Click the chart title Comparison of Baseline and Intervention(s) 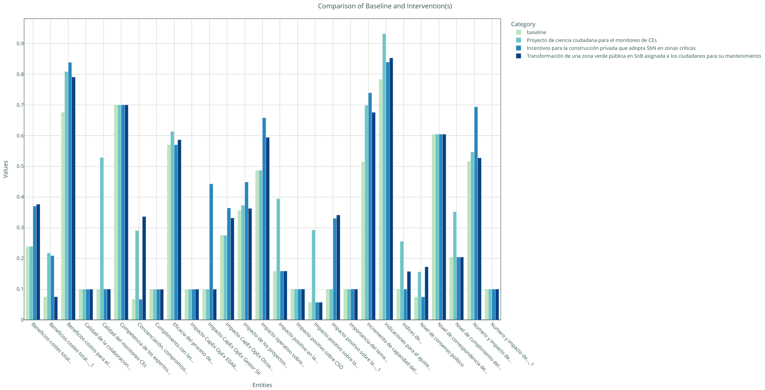tap(385, 6)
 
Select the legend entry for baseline tap(536, 32)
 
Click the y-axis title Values tap(6, 169)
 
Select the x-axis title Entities tap(262, 385)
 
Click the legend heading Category tap(523, 25)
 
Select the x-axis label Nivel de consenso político tap(441, 345)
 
